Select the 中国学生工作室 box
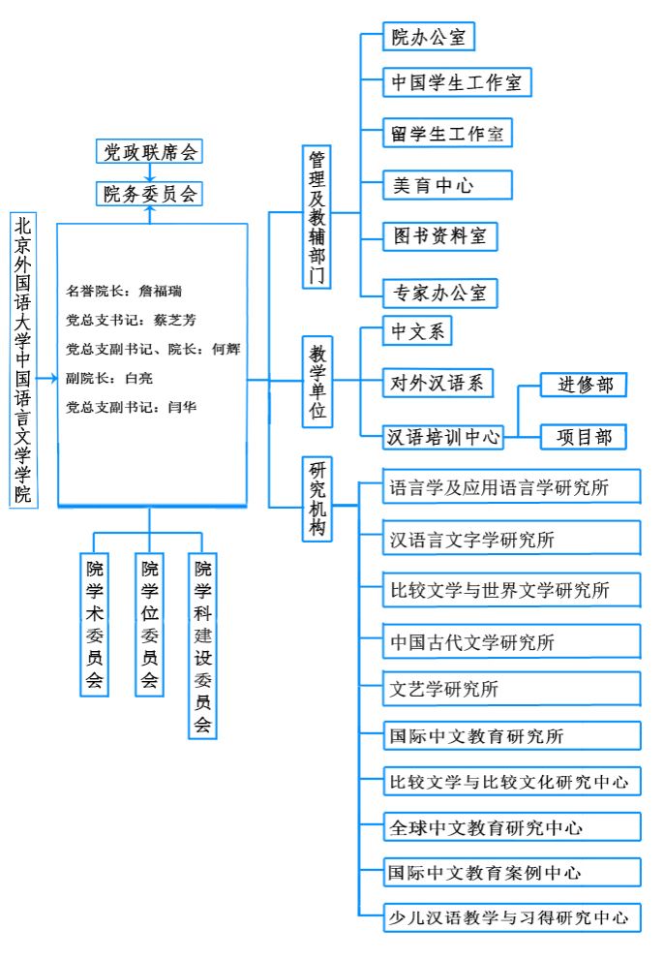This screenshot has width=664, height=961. click(456, 82)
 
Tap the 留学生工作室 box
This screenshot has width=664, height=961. click(446, 134)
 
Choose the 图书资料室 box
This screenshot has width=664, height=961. click(439, 235)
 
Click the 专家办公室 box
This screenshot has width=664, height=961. click(439, 292)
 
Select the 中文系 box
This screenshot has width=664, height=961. click(417, 332)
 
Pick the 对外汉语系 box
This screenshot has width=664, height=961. click(438, 384)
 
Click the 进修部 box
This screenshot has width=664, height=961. click(583, 385)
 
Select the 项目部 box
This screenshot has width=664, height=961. click(583, 437)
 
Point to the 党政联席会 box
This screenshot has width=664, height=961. click(150, 153)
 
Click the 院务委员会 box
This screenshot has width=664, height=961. click(150, 194)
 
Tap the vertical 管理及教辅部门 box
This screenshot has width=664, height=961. click(317, 216)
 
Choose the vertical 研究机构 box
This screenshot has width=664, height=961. click(317, 499)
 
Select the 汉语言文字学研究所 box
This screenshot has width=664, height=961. click(512, 539)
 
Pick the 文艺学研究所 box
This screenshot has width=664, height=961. click(512, 690)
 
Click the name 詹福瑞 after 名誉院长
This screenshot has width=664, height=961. click(160, 290)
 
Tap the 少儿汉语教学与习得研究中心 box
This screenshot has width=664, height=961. click(512, 916)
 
